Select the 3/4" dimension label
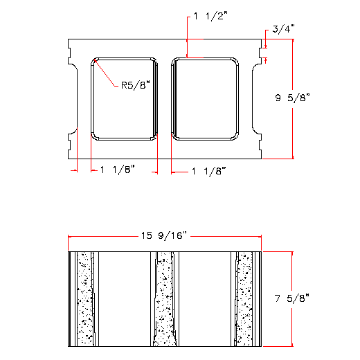(283, 28)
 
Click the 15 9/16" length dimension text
(164, 236)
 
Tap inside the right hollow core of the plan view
(205, 98)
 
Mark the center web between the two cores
(164, 98)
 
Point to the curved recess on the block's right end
(256, 98)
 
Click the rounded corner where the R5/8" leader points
(96, 62)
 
